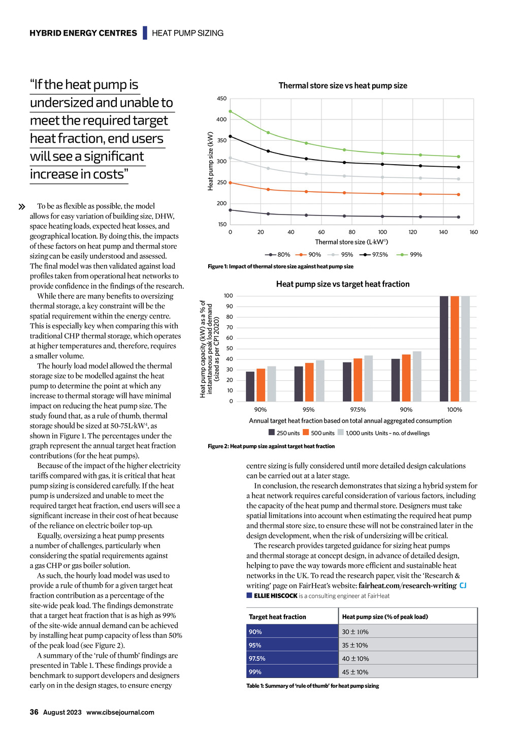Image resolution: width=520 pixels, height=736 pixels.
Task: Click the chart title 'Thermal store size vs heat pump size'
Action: click(343, 86)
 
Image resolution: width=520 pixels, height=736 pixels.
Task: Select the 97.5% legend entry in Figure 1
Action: click(374, 255)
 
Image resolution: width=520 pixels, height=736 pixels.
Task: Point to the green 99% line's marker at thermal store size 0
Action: click(230, 111)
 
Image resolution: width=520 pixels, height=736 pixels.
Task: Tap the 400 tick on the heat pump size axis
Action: click(221, 119)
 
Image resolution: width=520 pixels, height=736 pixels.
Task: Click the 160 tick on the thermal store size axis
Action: click(473, 232)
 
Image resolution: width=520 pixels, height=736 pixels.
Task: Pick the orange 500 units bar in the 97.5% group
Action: click(358, 380)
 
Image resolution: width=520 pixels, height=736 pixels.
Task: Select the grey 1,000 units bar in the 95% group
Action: click(320, 381)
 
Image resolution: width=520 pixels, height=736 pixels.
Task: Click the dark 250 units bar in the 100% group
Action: click(444, 349)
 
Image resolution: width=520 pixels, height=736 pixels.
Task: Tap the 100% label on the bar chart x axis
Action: click(454, 410)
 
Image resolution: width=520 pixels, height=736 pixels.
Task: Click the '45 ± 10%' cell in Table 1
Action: click(355, 672)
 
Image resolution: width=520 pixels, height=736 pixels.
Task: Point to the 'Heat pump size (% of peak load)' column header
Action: click(385, 617)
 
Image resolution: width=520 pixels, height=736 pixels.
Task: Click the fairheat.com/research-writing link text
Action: click(407, 586)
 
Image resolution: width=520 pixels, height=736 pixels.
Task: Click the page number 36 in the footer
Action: click(34, 712)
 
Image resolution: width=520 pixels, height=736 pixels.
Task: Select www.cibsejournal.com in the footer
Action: click(120, 712)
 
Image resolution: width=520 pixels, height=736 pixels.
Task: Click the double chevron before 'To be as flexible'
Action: click(22, 207)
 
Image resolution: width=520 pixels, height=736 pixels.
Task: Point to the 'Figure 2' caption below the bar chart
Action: click(271, 446)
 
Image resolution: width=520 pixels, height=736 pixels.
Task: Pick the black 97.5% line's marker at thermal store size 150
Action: click(459, 167)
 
